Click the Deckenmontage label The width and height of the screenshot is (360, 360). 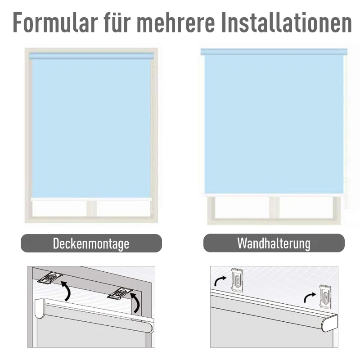tap(91, 243)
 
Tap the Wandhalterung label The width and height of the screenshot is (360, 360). tap(274, 243)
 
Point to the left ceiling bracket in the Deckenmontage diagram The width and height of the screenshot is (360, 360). tap(50, 278)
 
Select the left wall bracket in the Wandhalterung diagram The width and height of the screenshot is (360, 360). tap(237, 279)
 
